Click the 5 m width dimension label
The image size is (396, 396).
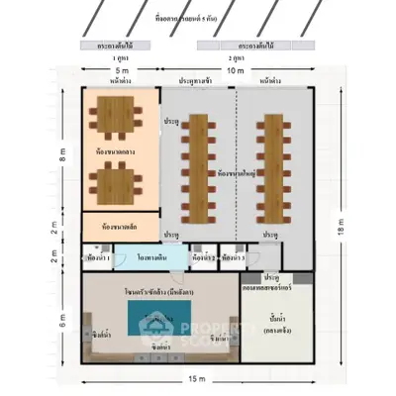point(121,72)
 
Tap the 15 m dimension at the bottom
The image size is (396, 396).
point(197,379)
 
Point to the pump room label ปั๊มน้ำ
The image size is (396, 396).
point(279,317)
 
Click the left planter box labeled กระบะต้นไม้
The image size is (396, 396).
point(121,46)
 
